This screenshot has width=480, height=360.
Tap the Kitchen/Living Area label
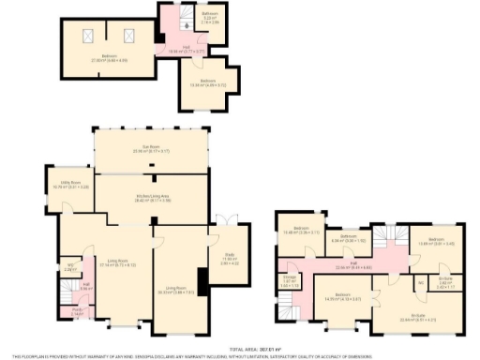click(x=152, y=197)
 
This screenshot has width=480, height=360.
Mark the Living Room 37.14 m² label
click(x=117, y=262)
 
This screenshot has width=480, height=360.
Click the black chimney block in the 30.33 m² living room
click(x=200, y=279)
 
